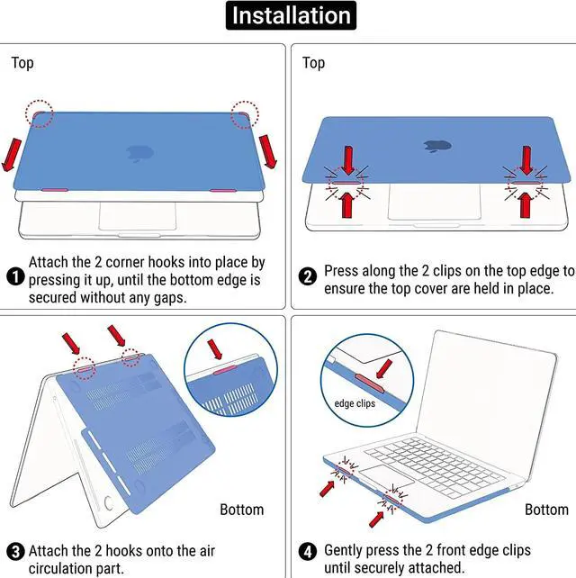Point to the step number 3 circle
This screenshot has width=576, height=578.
click(x=14, y=551)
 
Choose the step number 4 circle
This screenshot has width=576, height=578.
click(x=308, y=551)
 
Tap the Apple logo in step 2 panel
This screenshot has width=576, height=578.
click(x=437, y=145)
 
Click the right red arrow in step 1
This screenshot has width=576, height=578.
click(x=267, y=151)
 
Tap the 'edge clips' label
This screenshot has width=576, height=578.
click(x=355, y=403)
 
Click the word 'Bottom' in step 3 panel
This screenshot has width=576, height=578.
click(x=241, y=510)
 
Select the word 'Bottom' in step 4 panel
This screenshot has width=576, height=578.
click(x=546, y=510)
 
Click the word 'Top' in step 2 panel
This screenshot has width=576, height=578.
click(x=313, y=62)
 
